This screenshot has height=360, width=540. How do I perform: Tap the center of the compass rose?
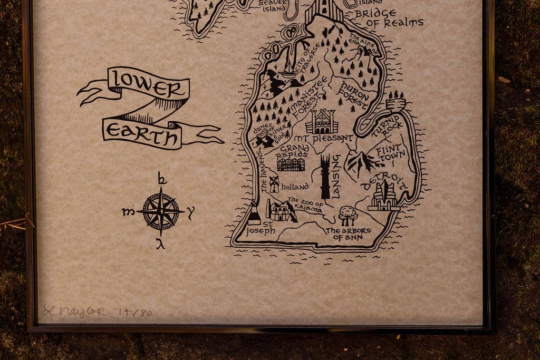(161, 211)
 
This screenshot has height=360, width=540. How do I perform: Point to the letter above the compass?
(162, 179)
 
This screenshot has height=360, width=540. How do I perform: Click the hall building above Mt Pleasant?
(322, 122)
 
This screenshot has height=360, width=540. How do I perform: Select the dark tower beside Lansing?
(325, 177)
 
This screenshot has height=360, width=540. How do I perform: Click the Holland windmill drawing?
(274, 183)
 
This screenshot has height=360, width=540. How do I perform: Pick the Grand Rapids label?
(292, 152)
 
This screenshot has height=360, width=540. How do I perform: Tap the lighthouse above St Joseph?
(254, 213)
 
